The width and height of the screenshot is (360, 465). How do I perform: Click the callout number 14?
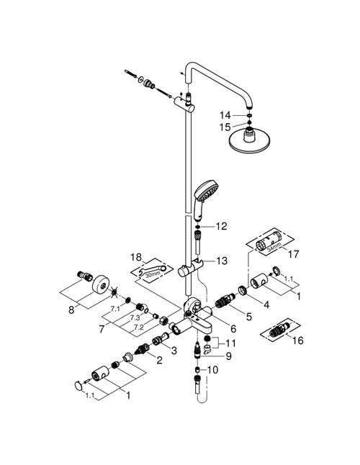tap(225, 114)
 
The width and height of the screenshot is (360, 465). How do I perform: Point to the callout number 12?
tap(221, 226)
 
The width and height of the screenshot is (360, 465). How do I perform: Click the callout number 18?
tap(136, 256)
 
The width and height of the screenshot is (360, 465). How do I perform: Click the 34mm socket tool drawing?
tap(270, 244)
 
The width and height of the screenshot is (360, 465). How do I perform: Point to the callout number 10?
tap(211, 370)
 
